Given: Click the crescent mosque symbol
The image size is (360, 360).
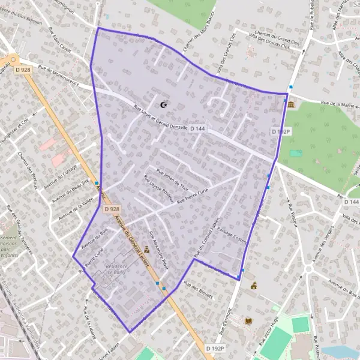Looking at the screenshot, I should click(163, 105).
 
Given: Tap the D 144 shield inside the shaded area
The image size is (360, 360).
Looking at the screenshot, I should click(197, 128).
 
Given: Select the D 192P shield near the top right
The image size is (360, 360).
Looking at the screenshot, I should click(280, 131).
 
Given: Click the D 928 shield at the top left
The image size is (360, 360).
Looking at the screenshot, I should click(22, 70).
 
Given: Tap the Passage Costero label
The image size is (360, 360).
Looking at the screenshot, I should click(232, 230).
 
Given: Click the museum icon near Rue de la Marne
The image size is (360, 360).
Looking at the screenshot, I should click(292, 106).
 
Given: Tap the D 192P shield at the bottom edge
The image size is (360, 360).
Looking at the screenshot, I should click(214, 348).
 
